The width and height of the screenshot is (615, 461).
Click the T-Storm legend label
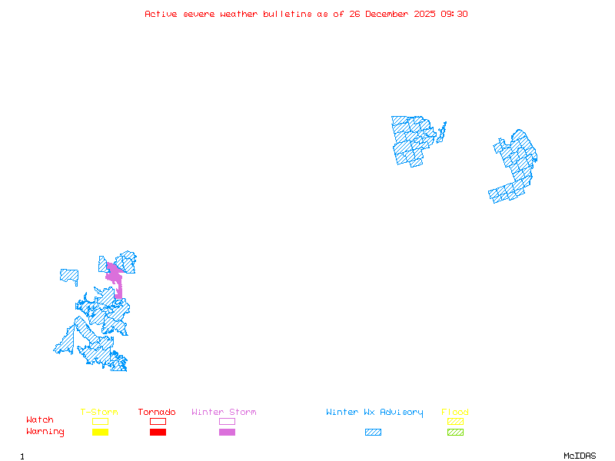(99, 413)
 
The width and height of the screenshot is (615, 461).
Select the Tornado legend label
(157, 413)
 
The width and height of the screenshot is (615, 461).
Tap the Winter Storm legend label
(224, 413)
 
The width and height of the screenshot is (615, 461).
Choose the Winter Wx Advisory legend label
(374, 413)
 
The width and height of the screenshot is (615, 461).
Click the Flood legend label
(455, 413)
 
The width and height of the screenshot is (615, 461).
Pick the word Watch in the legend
(40, 420)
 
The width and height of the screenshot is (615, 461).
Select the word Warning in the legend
(45, 432)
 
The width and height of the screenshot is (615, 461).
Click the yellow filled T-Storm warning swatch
(100, 433)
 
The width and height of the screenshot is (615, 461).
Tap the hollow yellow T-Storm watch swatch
(100, 421)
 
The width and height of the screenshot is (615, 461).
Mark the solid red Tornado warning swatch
(158, 433)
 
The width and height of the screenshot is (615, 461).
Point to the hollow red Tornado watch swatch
(158, 421)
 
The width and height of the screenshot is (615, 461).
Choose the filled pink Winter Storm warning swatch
(227, 433)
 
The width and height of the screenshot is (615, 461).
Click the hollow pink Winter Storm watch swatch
(227, 421)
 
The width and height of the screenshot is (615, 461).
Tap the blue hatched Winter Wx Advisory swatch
(373, 433)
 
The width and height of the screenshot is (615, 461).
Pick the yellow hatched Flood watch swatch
(455, 421)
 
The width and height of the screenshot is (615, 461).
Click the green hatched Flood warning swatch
(455, 433)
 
